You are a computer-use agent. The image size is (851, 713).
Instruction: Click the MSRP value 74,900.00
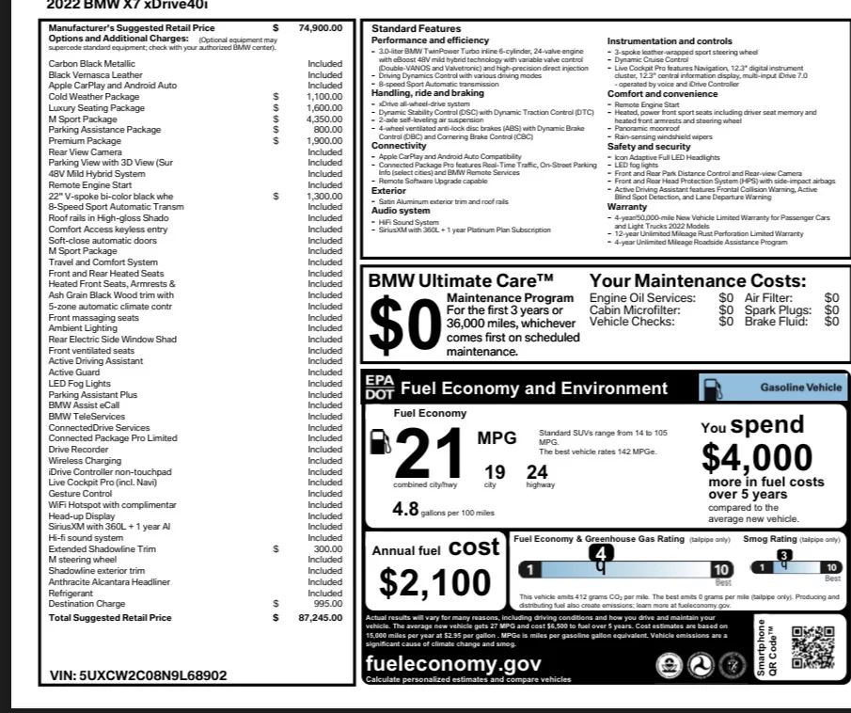(321, 28)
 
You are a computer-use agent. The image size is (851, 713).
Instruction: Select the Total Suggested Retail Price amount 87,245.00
(320, 618)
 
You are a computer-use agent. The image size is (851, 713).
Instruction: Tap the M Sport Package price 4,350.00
(323, 119)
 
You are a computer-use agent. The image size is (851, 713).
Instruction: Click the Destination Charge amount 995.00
(328, 604)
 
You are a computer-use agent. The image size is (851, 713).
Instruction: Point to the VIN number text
(137, 675)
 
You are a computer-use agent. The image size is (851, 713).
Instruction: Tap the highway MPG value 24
(537, 472)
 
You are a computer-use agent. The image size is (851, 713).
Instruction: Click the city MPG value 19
(495, 472)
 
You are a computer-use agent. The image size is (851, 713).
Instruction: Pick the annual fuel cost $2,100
(435, 582)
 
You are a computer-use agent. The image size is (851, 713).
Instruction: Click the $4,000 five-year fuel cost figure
(756, 457)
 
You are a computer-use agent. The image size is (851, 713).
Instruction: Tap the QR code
(813, 647)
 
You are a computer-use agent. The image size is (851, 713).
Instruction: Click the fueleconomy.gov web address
(452, 663)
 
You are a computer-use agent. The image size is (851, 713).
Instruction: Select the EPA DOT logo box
(379, 387)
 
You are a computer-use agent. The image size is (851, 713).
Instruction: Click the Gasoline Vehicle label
(800, 388)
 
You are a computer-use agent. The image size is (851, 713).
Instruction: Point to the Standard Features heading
(416, 29)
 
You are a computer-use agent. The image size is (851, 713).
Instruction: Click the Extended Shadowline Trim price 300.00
(328, 548)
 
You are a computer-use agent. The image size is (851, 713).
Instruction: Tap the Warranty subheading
(627, 206)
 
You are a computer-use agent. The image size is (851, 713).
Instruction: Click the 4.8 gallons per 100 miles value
(404, 509)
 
